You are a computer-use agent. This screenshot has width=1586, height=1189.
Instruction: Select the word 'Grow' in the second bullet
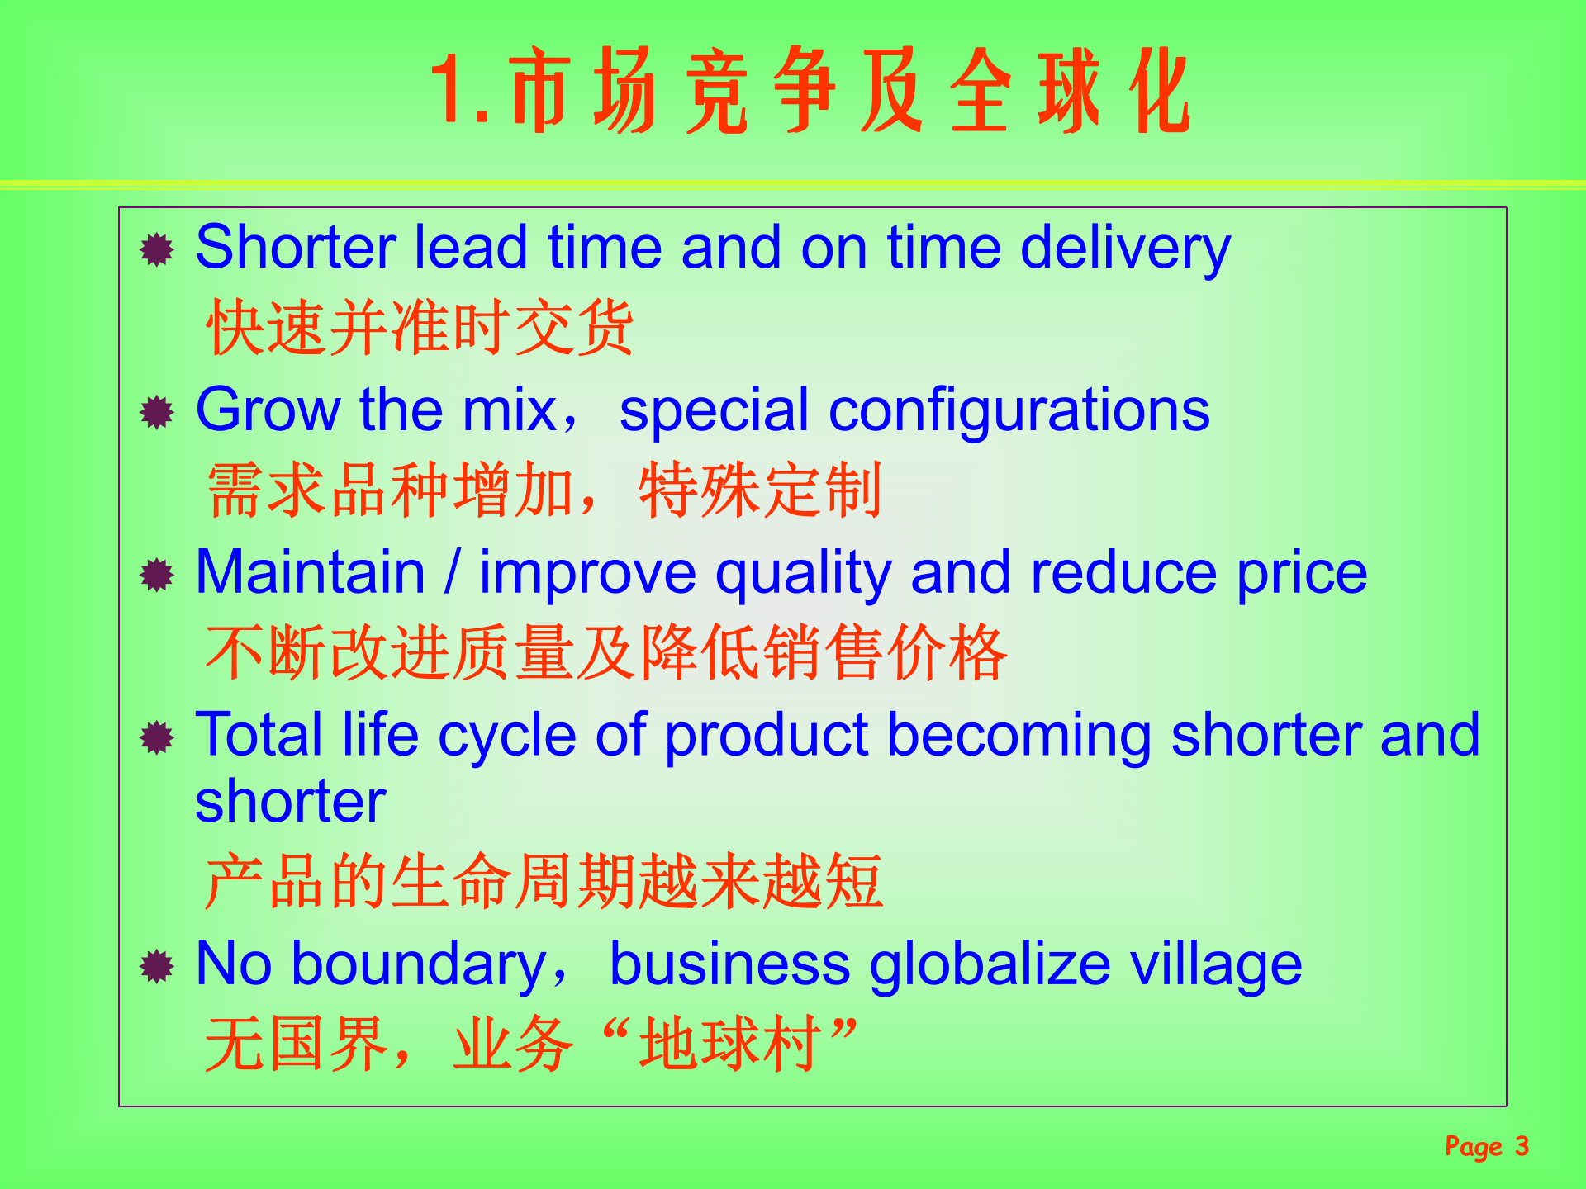[268, 410]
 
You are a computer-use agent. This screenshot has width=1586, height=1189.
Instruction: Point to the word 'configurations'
[1019, 410]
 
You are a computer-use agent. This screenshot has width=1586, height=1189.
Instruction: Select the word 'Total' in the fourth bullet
[259, 734]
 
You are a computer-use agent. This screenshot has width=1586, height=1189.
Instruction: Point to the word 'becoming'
[1019, 734]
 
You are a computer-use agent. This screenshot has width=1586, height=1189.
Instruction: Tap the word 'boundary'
[418, 964]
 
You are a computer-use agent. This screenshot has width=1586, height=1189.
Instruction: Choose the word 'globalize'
[990, 964]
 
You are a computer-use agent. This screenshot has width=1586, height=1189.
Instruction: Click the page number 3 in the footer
[1521, 1146]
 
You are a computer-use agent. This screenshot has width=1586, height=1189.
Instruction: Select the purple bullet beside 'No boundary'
[156, 965]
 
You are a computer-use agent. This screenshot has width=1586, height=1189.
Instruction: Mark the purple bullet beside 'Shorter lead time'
[156, 249]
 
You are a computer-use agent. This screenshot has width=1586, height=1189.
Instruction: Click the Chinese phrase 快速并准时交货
[419, 328]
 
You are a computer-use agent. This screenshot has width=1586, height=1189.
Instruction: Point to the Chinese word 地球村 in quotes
[729, 1044]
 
